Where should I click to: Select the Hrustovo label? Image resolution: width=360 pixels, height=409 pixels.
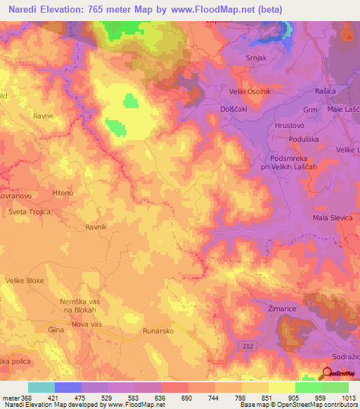click(x=290, y=124)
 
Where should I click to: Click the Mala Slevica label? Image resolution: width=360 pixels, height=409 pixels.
click(x=332, y=219)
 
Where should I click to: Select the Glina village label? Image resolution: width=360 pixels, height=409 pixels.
click(x=56, y=329)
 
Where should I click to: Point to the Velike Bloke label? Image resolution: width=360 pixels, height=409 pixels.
click(x=25, y=280)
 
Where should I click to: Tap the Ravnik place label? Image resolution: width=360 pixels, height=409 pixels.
click(x=95, y=227)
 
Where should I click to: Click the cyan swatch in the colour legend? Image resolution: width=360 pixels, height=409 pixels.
click(x=41, y=387)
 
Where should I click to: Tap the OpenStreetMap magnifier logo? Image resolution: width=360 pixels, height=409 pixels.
click(x=326, y=374)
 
